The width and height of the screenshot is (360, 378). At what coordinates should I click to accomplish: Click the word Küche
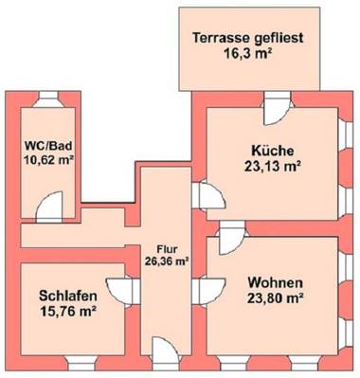(x=272, y=150)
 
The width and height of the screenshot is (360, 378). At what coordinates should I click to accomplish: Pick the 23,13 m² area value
(x=272, y=166)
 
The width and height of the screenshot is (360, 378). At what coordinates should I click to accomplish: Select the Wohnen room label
(x=275, y=283)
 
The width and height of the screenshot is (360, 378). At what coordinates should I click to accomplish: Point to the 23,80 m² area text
(x=275, y=300)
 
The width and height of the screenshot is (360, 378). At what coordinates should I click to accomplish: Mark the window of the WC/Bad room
(x=46, y=99)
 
